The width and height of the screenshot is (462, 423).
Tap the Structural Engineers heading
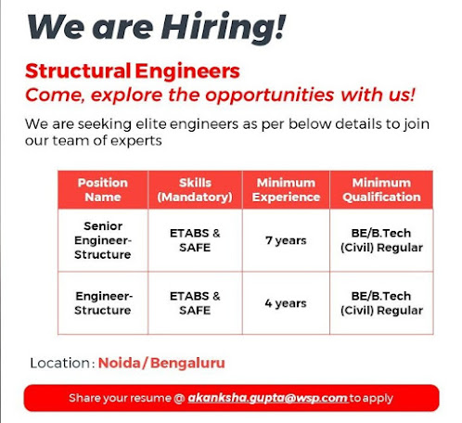point(133,71)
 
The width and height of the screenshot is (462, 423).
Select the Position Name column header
point(102,189)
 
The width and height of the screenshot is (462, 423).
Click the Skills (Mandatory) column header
point(195,189)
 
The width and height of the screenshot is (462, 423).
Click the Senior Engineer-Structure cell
point(102,240)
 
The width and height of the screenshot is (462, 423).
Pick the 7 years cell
point(285,240)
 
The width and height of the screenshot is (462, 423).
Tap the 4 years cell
point(285,303)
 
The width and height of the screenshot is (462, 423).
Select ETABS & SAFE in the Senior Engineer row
point(195,240)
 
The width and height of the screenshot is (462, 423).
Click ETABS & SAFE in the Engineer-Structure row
point(195,303)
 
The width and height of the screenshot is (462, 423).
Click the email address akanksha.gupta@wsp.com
point(267,398)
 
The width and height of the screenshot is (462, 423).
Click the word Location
point(59,363)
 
